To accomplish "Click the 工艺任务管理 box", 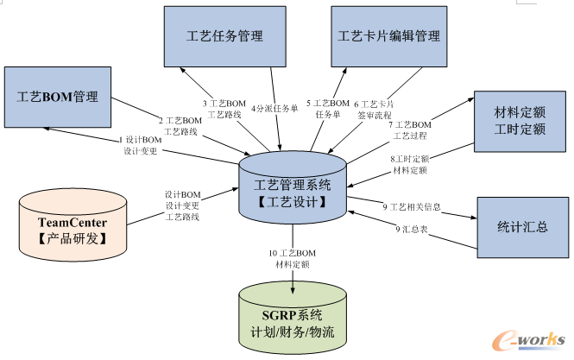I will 224,36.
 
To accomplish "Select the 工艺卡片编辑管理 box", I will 388,36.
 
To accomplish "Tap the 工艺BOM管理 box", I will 58,96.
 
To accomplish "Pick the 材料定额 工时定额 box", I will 518,122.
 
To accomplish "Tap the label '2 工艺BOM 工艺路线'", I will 179,126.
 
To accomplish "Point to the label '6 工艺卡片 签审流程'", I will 372,109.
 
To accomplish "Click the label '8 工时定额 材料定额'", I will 410,164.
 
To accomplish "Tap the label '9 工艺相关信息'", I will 413,206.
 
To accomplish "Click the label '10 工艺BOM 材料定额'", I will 292,257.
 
